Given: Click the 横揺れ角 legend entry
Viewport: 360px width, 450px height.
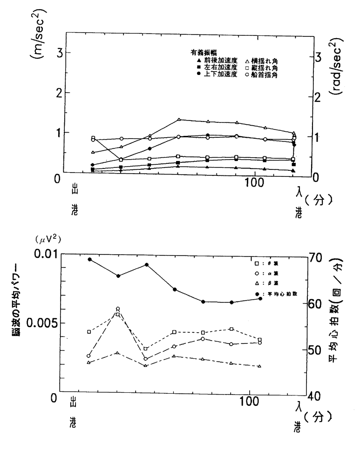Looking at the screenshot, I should click(x=262, y=61).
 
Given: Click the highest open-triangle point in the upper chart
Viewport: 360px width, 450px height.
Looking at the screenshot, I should click(x=179, y=120).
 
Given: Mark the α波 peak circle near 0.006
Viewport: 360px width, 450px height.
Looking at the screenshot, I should click(x=118, y=309).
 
